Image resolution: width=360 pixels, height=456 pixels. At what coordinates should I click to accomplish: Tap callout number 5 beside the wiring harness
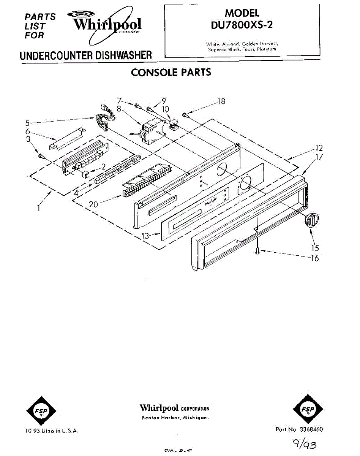point(28,123)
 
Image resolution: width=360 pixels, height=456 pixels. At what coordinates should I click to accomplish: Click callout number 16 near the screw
point(314,259)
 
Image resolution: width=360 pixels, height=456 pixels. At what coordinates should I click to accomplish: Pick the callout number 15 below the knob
point(315,248)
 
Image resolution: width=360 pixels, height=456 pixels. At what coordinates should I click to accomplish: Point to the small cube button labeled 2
point(86,175)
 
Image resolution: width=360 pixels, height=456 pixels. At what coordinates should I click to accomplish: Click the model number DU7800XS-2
point(242,25)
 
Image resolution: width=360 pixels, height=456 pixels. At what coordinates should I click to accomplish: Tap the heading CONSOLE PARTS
point(171,72)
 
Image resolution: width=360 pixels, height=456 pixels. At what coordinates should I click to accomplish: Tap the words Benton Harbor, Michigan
point(175,418)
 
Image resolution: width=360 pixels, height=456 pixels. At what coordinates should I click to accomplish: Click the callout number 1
point(39,208)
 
